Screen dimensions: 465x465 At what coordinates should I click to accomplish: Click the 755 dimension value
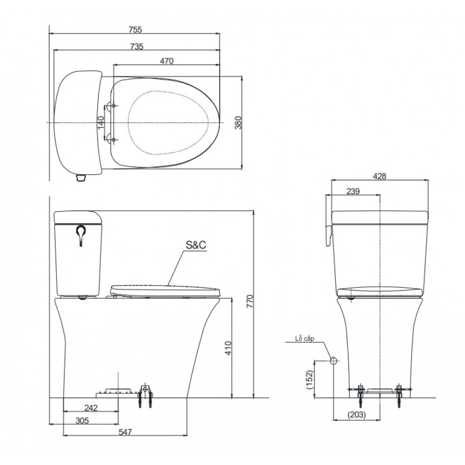(135, 29)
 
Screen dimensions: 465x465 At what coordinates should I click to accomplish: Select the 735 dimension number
(137, 46)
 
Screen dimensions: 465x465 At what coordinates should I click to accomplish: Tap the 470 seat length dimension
(166, 61)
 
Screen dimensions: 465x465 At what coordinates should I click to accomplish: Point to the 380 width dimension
(238, 122)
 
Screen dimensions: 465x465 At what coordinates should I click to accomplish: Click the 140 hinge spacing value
(101, 122)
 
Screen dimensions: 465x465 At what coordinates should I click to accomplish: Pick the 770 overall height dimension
(250, 301)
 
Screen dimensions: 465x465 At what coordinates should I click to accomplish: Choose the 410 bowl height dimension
(228, 348)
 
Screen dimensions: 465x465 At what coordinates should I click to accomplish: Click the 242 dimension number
(91, 408)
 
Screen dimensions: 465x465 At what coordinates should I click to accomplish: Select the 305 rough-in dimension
(82, 420)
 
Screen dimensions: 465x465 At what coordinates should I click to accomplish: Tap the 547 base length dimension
(125, 432)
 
